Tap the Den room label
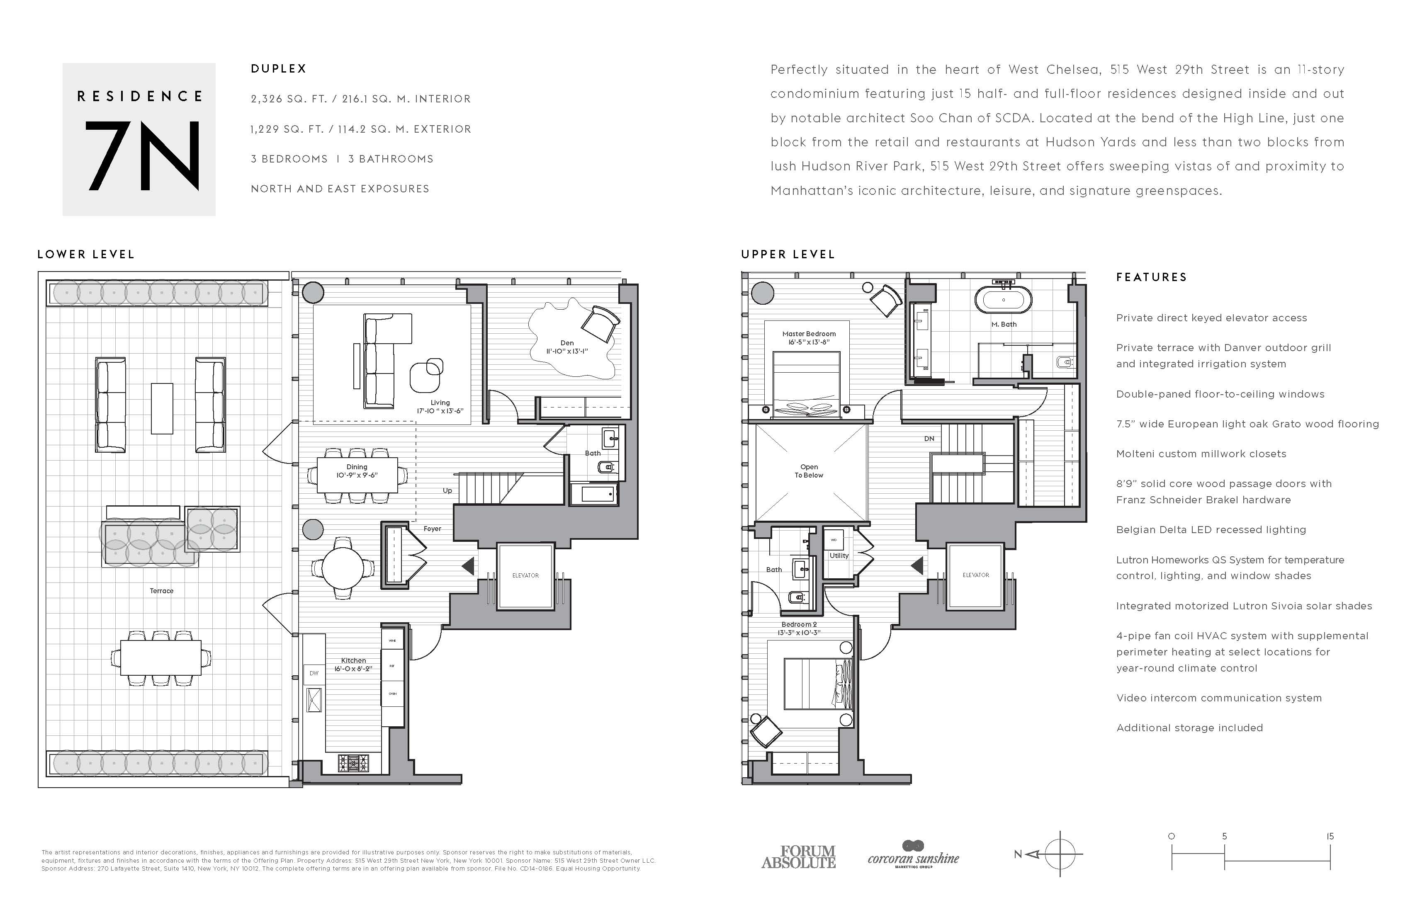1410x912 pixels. point(567,343)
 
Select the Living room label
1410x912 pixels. point(440,403)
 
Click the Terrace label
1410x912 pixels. point(161,590)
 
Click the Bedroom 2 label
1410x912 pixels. point(799,624)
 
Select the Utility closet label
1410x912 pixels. point(839,555)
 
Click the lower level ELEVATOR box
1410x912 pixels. point(525,575)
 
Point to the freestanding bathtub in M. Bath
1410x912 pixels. point(1003,300)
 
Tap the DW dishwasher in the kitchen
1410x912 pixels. point(314,673)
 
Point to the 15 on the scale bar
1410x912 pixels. point(1330,836)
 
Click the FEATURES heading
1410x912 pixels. point(1151,277)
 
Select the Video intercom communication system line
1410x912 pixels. point(1219,698)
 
